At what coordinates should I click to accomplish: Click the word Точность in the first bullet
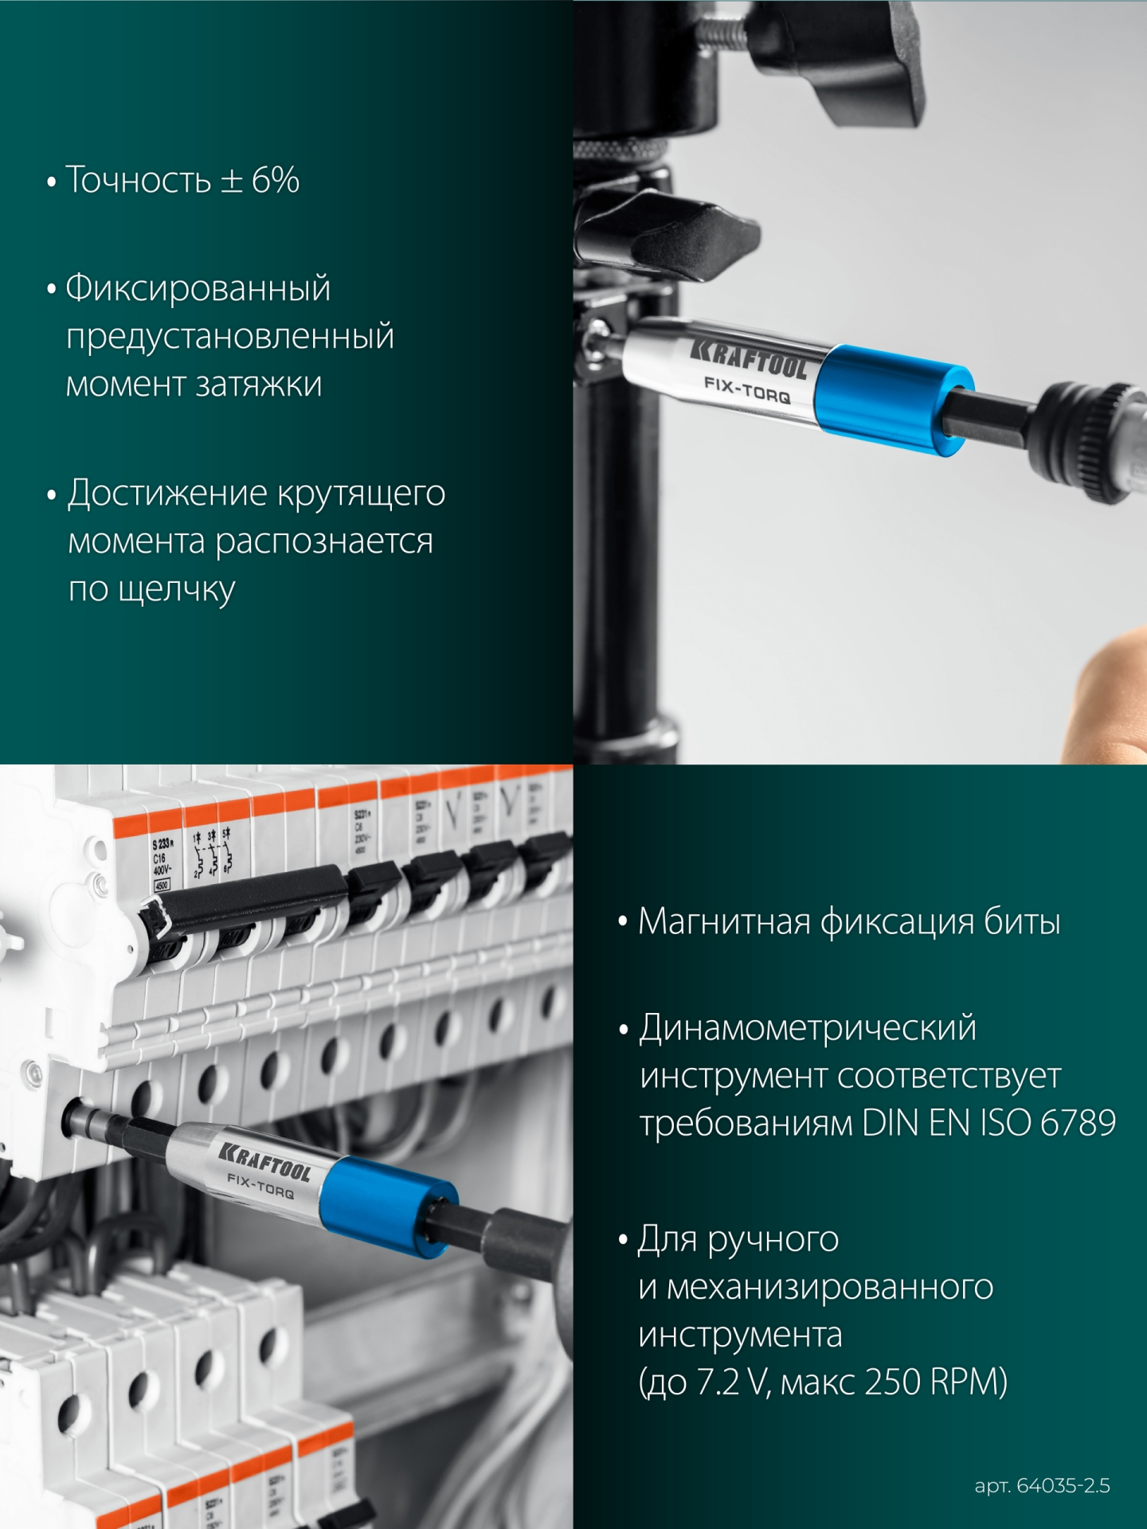[138, 180]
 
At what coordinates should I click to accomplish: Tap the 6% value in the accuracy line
[276, 180]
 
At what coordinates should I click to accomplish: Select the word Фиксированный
[198, 288]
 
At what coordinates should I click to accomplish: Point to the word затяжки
[259, 385]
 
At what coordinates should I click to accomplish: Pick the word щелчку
[176, 590]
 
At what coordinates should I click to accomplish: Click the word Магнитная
[724, 921]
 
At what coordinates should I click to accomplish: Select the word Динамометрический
[808, 1028]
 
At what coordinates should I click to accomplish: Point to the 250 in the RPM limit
[893, 1382]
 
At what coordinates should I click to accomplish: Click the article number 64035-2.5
[1063, 1486]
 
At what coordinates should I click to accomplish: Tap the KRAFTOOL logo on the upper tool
[748, 358]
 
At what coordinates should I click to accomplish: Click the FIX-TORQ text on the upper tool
[746, 389]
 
